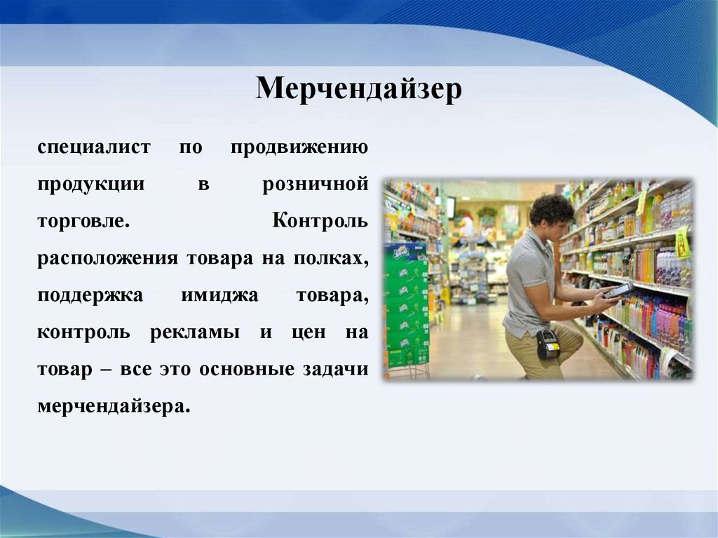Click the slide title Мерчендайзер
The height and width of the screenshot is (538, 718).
point(358,88)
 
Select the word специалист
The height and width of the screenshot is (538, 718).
point(94,147)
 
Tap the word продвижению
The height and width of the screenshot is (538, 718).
point(299,147)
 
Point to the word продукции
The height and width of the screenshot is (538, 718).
point(91,184)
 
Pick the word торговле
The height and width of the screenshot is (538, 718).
point(84,222)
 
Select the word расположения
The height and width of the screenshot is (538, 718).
point(107,258)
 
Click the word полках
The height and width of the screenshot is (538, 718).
point(331,258)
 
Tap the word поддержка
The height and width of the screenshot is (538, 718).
point(90,295)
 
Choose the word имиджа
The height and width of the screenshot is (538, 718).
point(219,295)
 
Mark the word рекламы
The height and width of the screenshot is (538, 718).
point(195,332)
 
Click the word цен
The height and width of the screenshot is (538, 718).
point(309,332)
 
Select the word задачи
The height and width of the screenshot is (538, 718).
point(336,370)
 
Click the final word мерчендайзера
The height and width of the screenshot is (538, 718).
point(114,406)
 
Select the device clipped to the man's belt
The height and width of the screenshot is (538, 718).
point(548,344)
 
